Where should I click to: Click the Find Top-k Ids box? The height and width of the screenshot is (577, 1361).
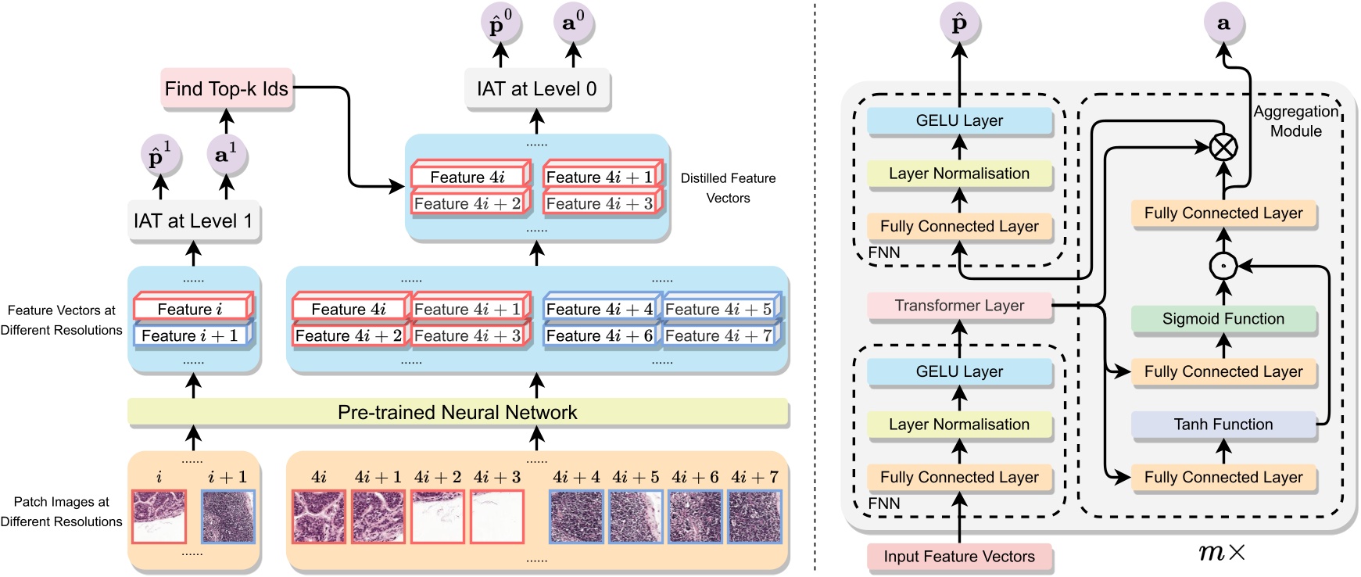click(227, 89)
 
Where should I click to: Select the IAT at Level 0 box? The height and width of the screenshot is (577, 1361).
click(536, 89)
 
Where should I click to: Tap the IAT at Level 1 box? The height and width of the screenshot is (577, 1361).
click(193, 221)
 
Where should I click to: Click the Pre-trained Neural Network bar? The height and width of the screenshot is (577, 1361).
click(457, 412)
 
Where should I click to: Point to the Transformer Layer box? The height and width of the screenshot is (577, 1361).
click(959, 306)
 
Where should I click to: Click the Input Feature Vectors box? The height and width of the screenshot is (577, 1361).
click(959, 557)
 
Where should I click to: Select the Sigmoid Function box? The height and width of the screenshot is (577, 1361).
click(1223, 319)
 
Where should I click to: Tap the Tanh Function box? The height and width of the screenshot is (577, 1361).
click(1223, 425)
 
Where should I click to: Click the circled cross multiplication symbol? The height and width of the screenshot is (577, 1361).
click(1223, 147)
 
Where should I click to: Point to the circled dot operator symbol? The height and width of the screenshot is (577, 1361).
click(1223, 267)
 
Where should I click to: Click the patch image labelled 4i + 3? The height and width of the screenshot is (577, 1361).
click(497, 516)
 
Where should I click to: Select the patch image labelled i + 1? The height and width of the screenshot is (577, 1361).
click(228, 516)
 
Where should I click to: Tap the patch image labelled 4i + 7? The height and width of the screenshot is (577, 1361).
click(754, 516)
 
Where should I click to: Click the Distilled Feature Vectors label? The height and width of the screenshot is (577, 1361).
click(728, 188)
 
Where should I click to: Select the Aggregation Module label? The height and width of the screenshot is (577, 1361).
click(1295, 121)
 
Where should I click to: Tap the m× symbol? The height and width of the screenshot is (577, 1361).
click(1222, 553)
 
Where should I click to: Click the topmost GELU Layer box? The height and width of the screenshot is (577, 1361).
click(959, 121)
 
